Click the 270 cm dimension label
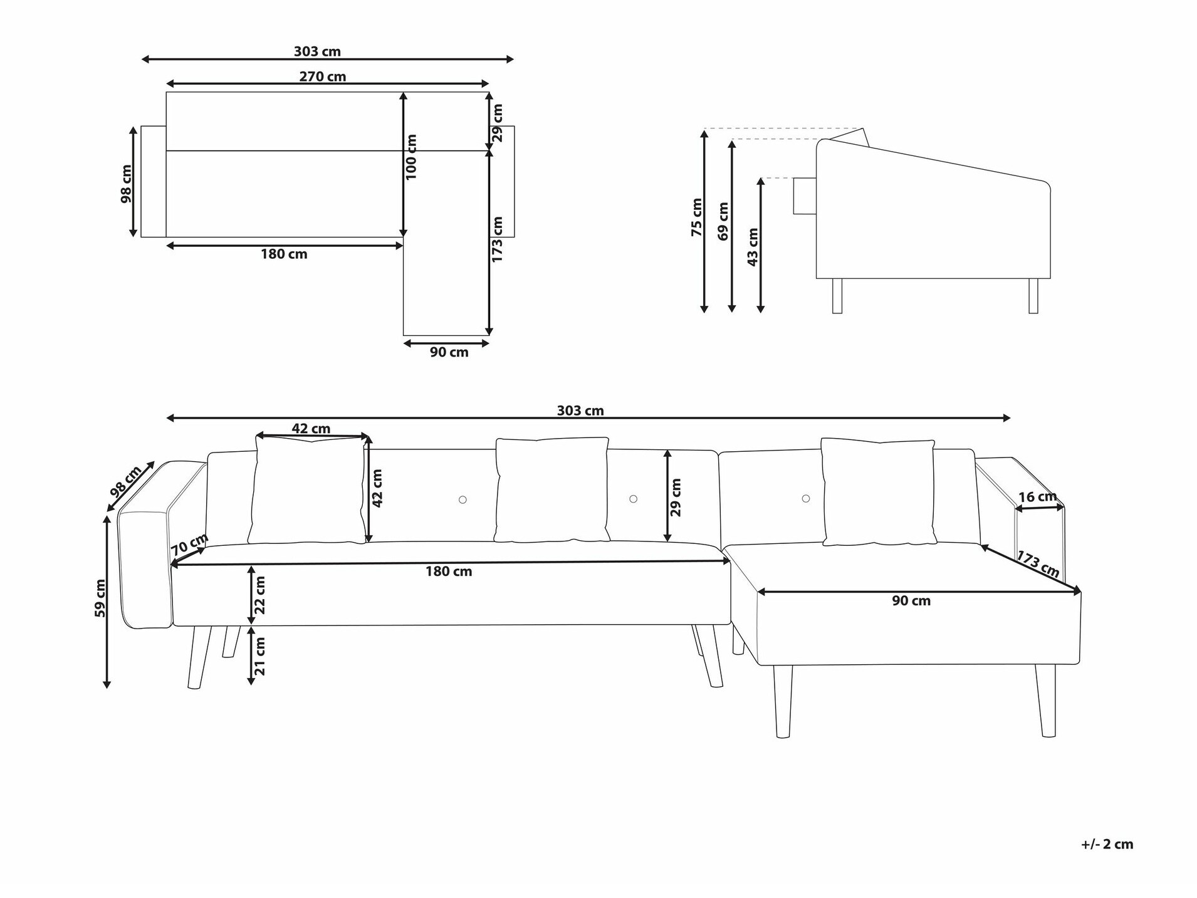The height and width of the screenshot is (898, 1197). [x=322, y=76]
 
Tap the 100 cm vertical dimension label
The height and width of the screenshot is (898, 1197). [x=411, y=157]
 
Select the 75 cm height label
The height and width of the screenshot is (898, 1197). [x=696, y=217]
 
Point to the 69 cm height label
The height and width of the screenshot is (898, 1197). [x=723, y=221]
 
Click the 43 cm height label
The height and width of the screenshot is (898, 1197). [x=753, y=247]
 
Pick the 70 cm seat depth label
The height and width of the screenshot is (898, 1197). [x=189, y=544]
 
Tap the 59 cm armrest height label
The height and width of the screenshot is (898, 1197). [x=100, y=598]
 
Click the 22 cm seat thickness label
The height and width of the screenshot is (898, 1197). [x=259, y=595]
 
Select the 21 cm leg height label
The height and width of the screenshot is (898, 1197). [x=259, y=656]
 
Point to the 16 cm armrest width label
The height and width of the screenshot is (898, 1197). [x=1038, y=497]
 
